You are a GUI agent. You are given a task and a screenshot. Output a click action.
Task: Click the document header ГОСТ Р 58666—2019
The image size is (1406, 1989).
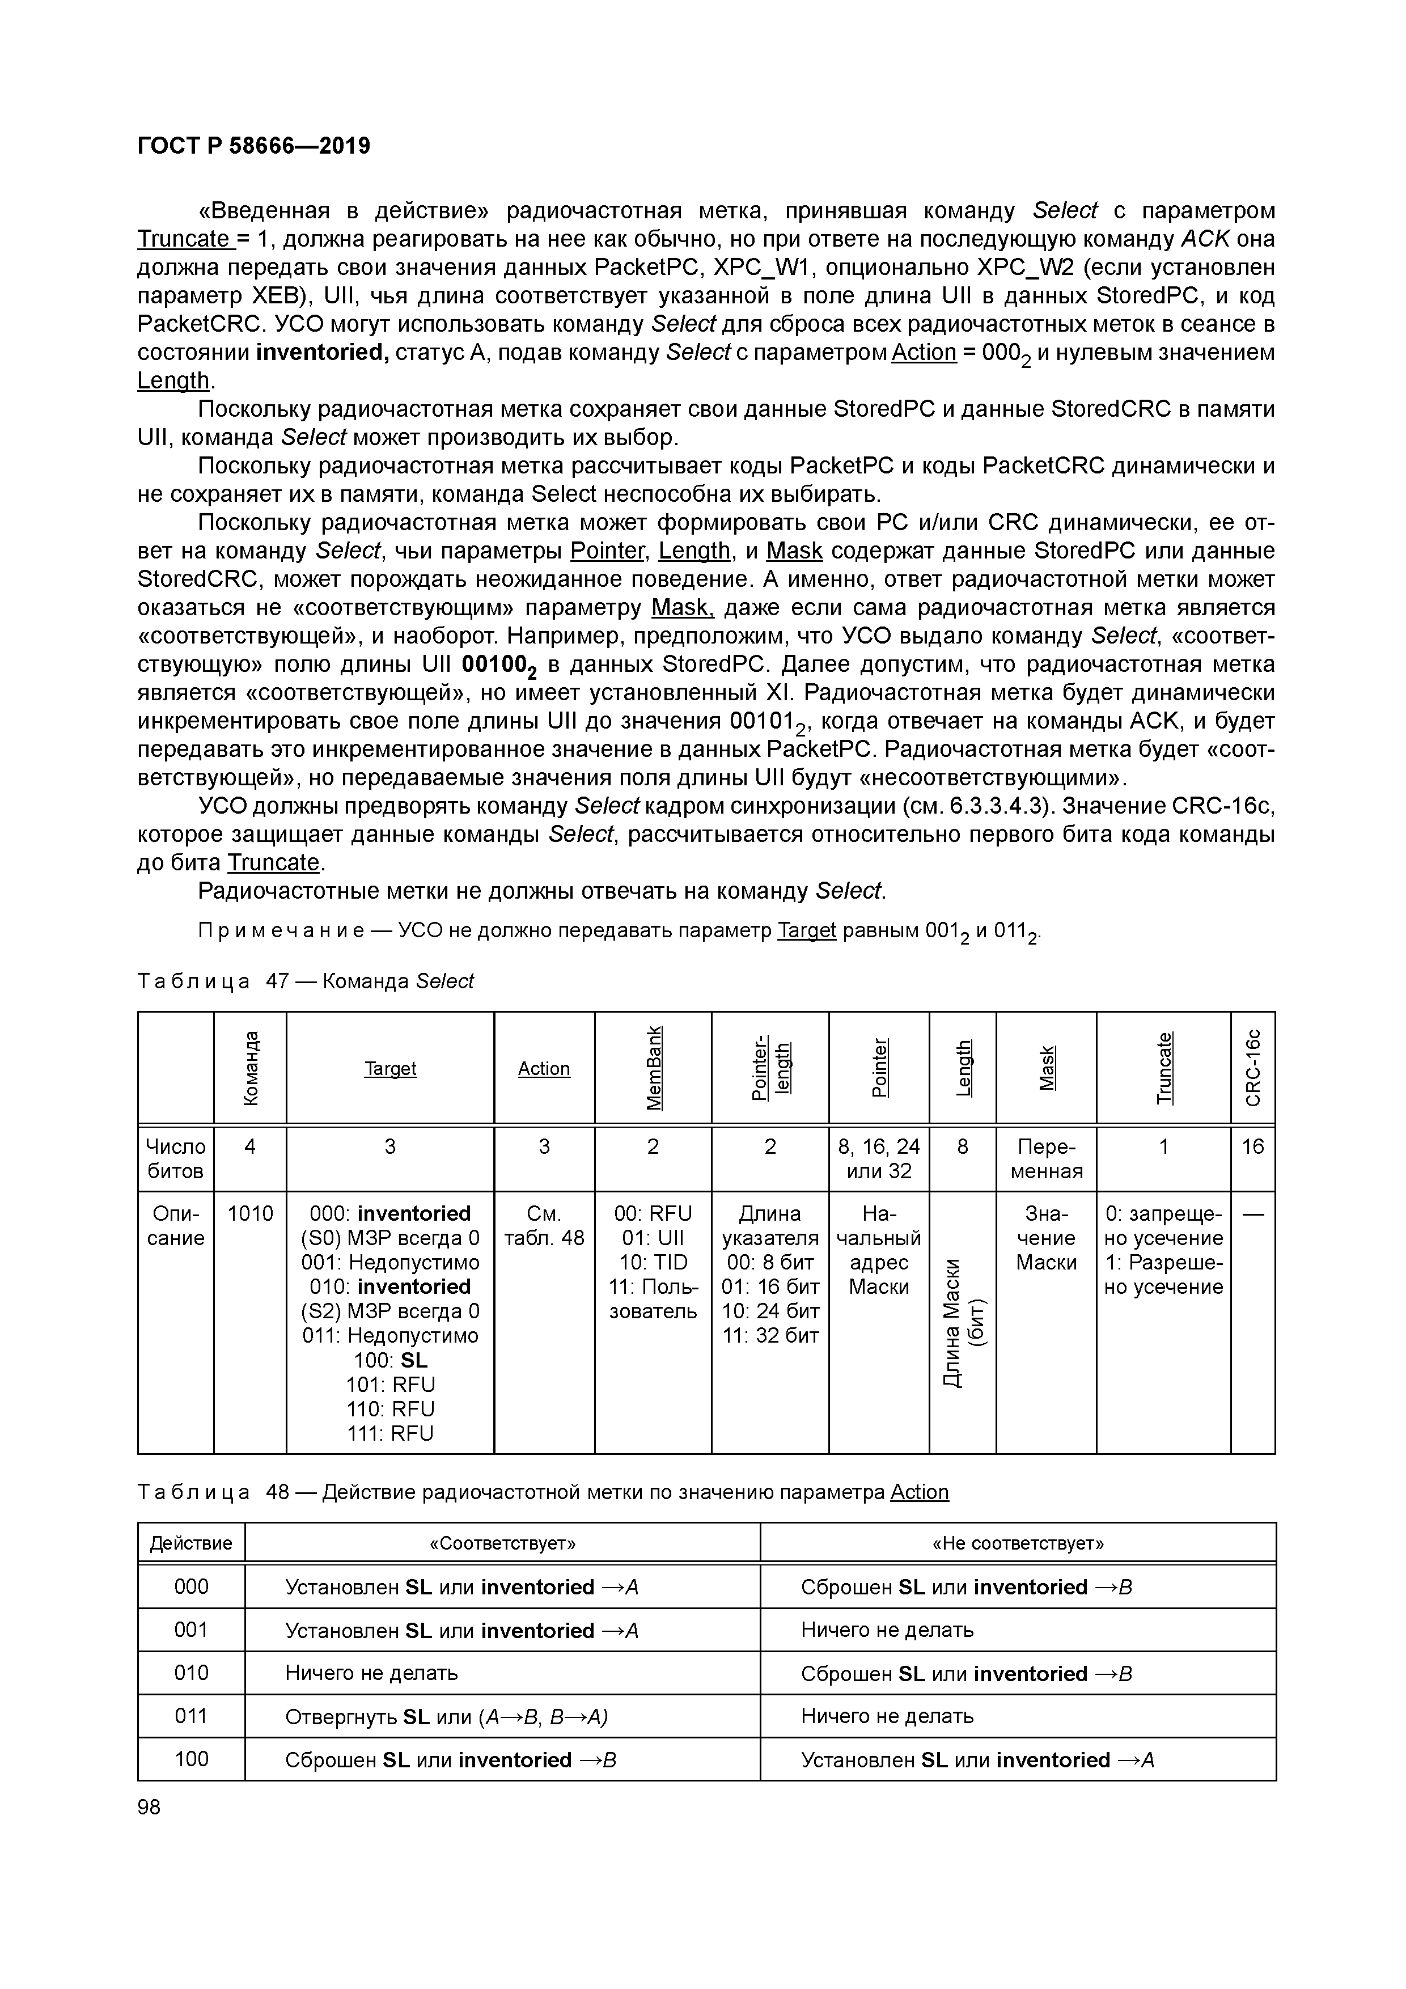254,146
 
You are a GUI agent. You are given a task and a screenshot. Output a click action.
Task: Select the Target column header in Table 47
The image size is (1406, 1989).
390,1068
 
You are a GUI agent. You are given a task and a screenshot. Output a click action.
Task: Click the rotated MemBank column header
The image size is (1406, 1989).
653,1067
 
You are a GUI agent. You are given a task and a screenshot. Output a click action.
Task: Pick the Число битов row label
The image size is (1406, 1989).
176,1158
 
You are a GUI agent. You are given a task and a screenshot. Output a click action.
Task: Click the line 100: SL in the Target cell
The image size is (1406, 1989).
390,1360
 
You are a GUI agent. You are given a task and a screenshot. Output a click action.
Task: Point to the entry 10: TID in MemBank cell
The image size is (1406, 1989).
653,1262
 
